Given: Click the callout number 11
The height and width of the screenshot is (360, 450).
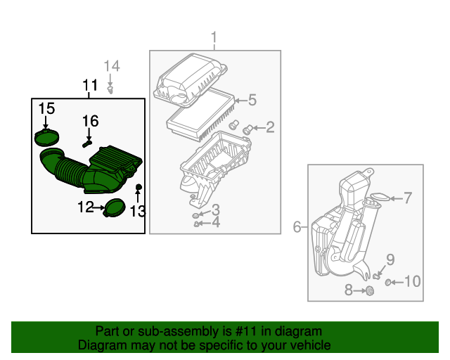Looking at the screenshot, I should [x=89, y=86].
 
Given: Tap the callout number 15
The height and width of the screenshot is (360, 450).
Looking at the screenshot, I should [x=46, y=108].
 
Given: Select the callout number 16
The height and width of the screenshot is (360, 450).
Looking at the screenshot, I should [x=90, y=120].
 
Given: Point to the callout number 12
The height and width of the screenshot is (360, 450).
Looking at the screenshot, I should [x=85, y=207].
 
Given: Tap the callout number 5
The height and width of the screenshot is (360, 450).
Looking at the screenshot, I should [x=252, y=100].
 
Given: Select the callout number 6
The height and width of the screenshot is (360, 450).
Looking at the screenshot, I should [x=297, y=226].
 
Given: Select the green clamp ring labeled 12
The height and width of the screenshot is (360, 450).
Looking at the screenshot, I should [x=112, y=208].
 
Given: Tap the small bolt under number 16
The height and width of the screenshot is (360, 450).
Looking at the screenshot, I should [x=87, y=143].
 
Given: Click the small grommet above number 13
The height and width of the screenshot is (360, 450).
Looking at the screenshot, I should [x=139, y=186].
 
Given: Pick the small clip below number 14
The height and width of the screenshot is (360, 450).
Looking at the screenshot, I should [x=110, y=89].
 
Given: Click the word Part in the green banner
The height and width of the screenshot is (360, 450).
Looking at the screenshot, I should [x=108, y=331].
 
